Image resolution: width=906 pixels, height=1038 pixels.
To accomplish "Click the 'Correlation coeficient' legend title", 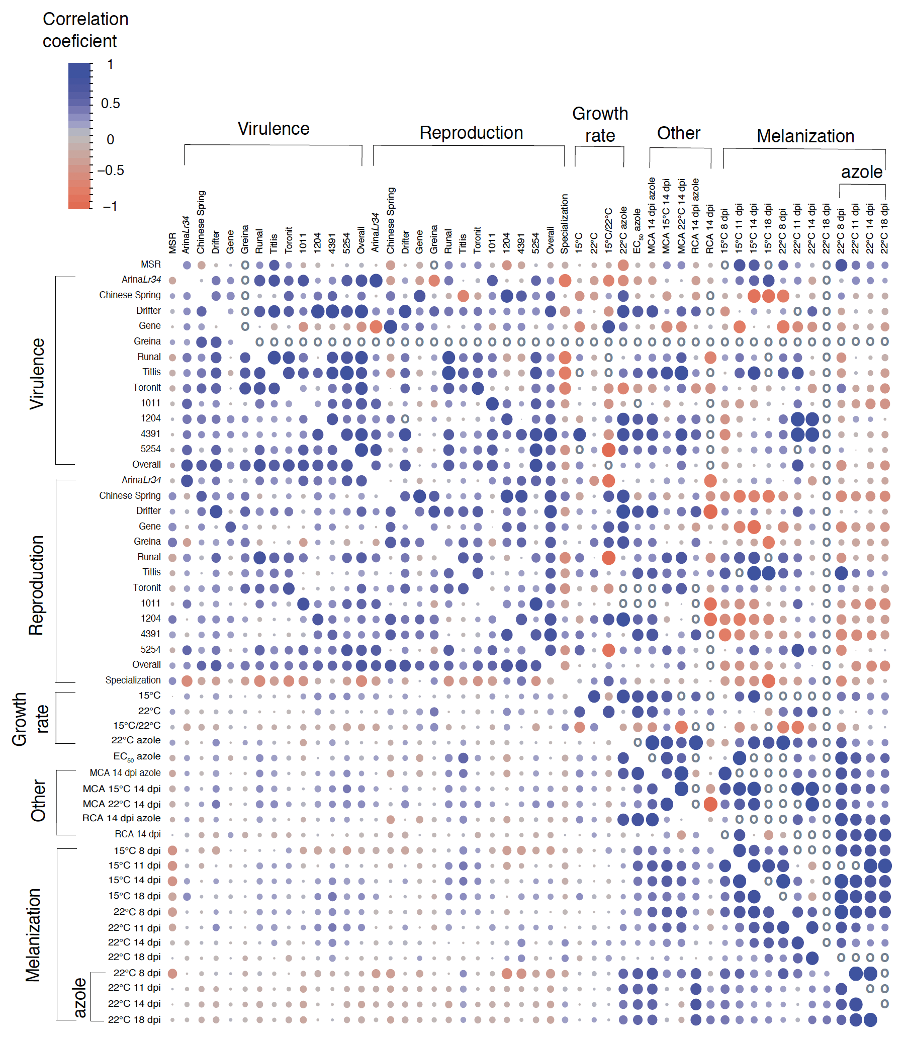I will (x=85, y=30).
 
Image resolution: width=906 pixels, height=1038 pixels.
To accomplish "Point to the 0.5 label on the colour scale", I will (x=110, y=104).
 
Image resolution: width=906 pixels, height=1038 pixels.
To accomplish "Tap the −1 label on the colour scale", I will (x=109, y=206).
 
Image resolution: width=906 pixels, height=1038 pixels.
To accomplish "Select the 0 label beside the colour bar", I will (x=110, y=139).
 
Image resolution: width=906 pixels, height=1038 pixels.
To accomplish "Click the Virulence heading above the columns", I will (x=274, y=129).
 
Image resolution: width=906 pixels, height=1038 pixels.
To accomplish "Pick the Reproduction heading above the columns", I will (x=471, y=133).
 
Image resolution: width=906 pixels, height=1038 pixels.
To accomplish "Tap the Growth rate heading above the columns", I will (x=600, y=125).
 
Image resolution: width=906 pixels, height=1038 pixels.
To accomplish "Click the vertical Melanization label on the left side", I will (x=33, y=935).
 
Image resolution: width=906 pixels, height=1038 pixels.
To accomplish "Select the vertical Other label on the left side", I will (x=38, y=800).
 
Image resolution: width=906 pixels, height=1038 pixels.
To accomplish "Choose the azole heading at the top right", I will (x=862, y=172).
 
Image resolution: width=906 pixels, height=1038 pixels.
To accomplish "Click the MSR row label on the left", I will (x=151, y=265).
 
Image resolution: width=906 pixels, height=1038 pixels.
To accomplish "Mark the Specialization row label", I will (x=133, y=680).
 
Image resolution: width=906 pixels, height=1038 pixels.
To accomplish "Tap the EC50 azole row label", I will (x=137, y=757).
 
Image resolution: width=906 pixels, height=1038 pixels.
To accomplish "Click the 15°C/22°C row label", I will (x=137, y=726).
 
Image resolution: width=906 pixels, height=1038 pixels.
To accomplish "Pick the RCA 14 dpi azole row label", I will (x=121, y=818).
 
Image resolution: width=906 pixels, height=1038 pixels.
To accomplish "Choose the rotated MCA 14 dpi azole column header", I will (x=652, y=215).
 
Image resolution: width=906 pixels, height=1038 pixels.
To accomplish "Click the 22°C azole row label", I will (x=136, y=740).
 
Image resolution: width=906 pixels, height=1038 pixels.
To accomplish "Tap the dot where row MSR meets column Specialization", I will (x=565, y=265).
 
